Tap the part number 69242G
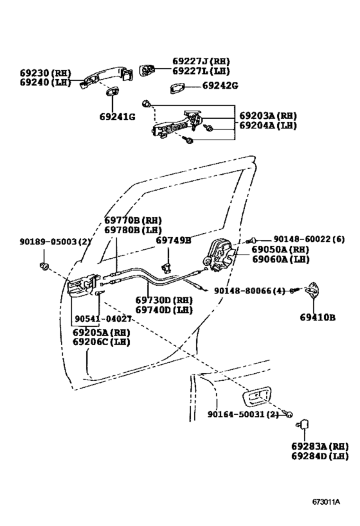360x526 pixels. pos(220,85)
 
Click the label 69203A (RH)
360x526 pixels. pos(268,116)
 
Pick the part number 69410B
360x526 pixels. pos(318,317)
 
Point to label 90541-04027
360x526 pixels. pos(103,319)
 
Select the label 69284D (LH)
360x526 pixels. pos(319,456)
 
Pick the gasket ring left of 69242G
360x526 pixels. pos(179,87)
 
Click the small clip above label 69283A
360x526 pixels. pos(303,424)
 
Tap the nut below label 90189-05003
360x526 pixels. pos(44,265)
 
